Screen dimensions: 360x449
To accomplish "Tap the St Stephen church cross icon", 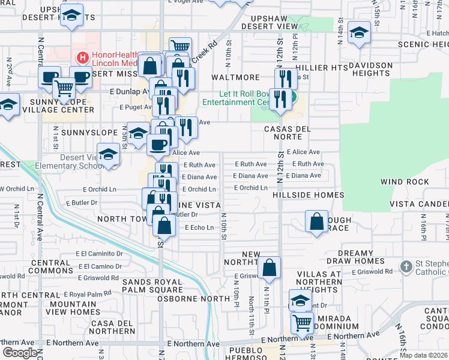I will click(x=406, y=266).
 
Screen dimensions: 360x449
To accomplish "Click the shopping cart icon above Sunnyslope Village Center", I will click(x=64, y=88).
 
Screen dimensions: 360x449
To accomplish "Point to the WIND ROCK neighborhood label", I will click(x=405, y=182).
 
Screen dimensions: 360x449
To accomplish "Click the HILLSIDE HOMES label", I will click(x=308, y=195).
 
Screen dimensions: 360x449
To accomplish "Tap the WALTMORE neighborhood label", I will click(x=235, y=77).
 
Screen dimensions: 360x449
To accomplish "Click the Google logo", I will click(x=20, y=353).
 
